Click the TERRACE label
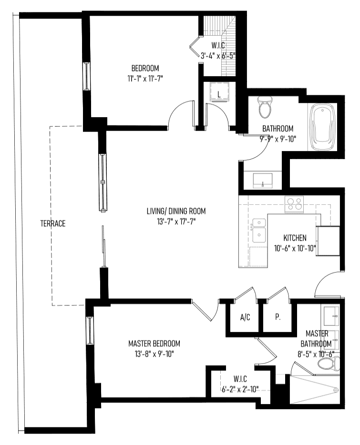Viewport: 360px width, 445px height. point(53,223)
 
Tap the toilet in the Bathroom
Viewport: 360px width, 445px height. point(265,108)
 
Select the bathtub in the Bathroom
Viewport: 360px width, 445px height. point(322,127)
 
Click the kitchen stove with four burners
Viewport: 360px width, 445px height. point(294,204)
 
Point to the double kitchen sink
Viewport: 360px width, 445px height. point(259,230)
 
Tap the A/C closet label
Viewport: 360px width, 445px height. point(245,317)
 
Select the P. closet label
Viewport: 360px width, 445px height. point(278,317)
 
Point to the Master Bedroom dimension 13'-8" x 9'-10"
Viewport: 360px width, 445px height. point(154,354)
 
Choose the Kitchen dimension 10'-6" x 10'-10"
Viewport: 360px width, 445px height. point(295,248)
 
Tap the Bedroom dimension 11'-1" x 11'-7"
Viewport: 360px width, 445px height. point(145,78)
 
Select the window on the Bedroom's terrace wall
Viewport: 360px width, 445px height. point(86,76)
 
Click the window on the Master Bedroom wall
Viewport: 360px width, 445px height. point(90,330)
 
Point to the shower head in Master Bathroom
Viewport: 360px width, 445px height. point(336,390)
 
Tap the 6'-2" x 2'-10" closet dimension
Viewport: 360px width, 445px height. point(240,389)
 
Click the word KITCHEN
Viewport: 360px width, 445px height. point(295,238)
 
